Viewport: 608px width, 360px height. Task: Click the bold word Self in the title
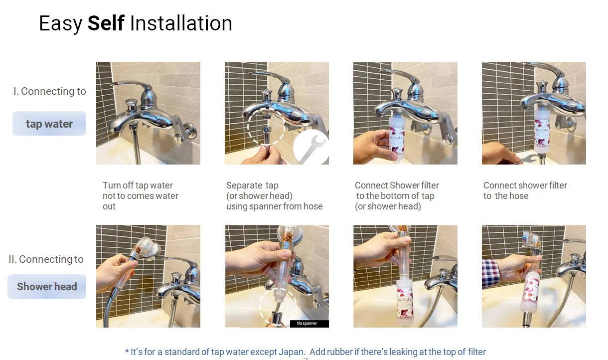coord(106,23)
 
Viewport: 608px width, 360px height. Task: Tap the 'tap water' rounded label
coord(49,124)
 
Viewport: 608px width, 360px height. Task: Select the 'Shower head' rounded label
coord(47,287)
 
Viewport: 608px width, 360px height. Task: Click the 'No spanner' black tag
coord(309,323)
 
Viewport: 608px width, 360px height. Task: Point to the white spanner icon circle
coord(311,147)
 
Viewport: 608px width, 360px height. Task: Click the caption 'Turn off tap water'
coord(138,185)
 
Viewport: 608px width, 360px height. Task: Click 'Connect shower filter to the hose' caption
coord(525,190)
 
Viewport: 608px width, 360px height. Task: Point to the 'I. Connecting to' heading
coord(50,91)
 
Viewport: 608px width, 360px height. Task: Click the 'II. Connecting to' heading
coord(46,259)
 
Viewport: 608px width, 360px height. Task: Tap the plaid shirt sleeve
coord(491,274)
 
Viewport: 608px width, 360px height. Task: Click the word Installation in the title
coord(181,23)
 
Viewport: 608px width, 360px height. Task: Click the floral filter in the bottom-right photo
coord(530,293)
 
